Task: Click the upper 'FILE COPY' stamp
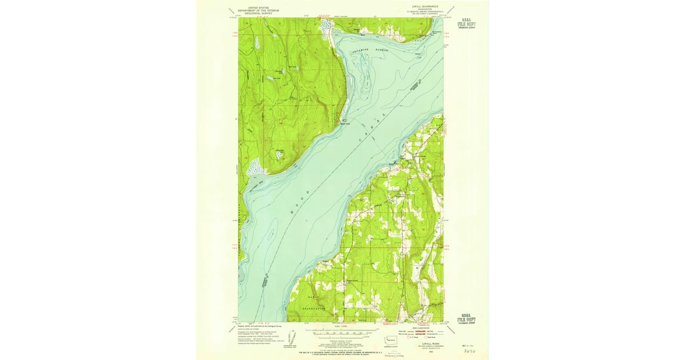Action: coord(466,25)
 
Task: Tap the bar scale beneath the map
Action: coord(341,330)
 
